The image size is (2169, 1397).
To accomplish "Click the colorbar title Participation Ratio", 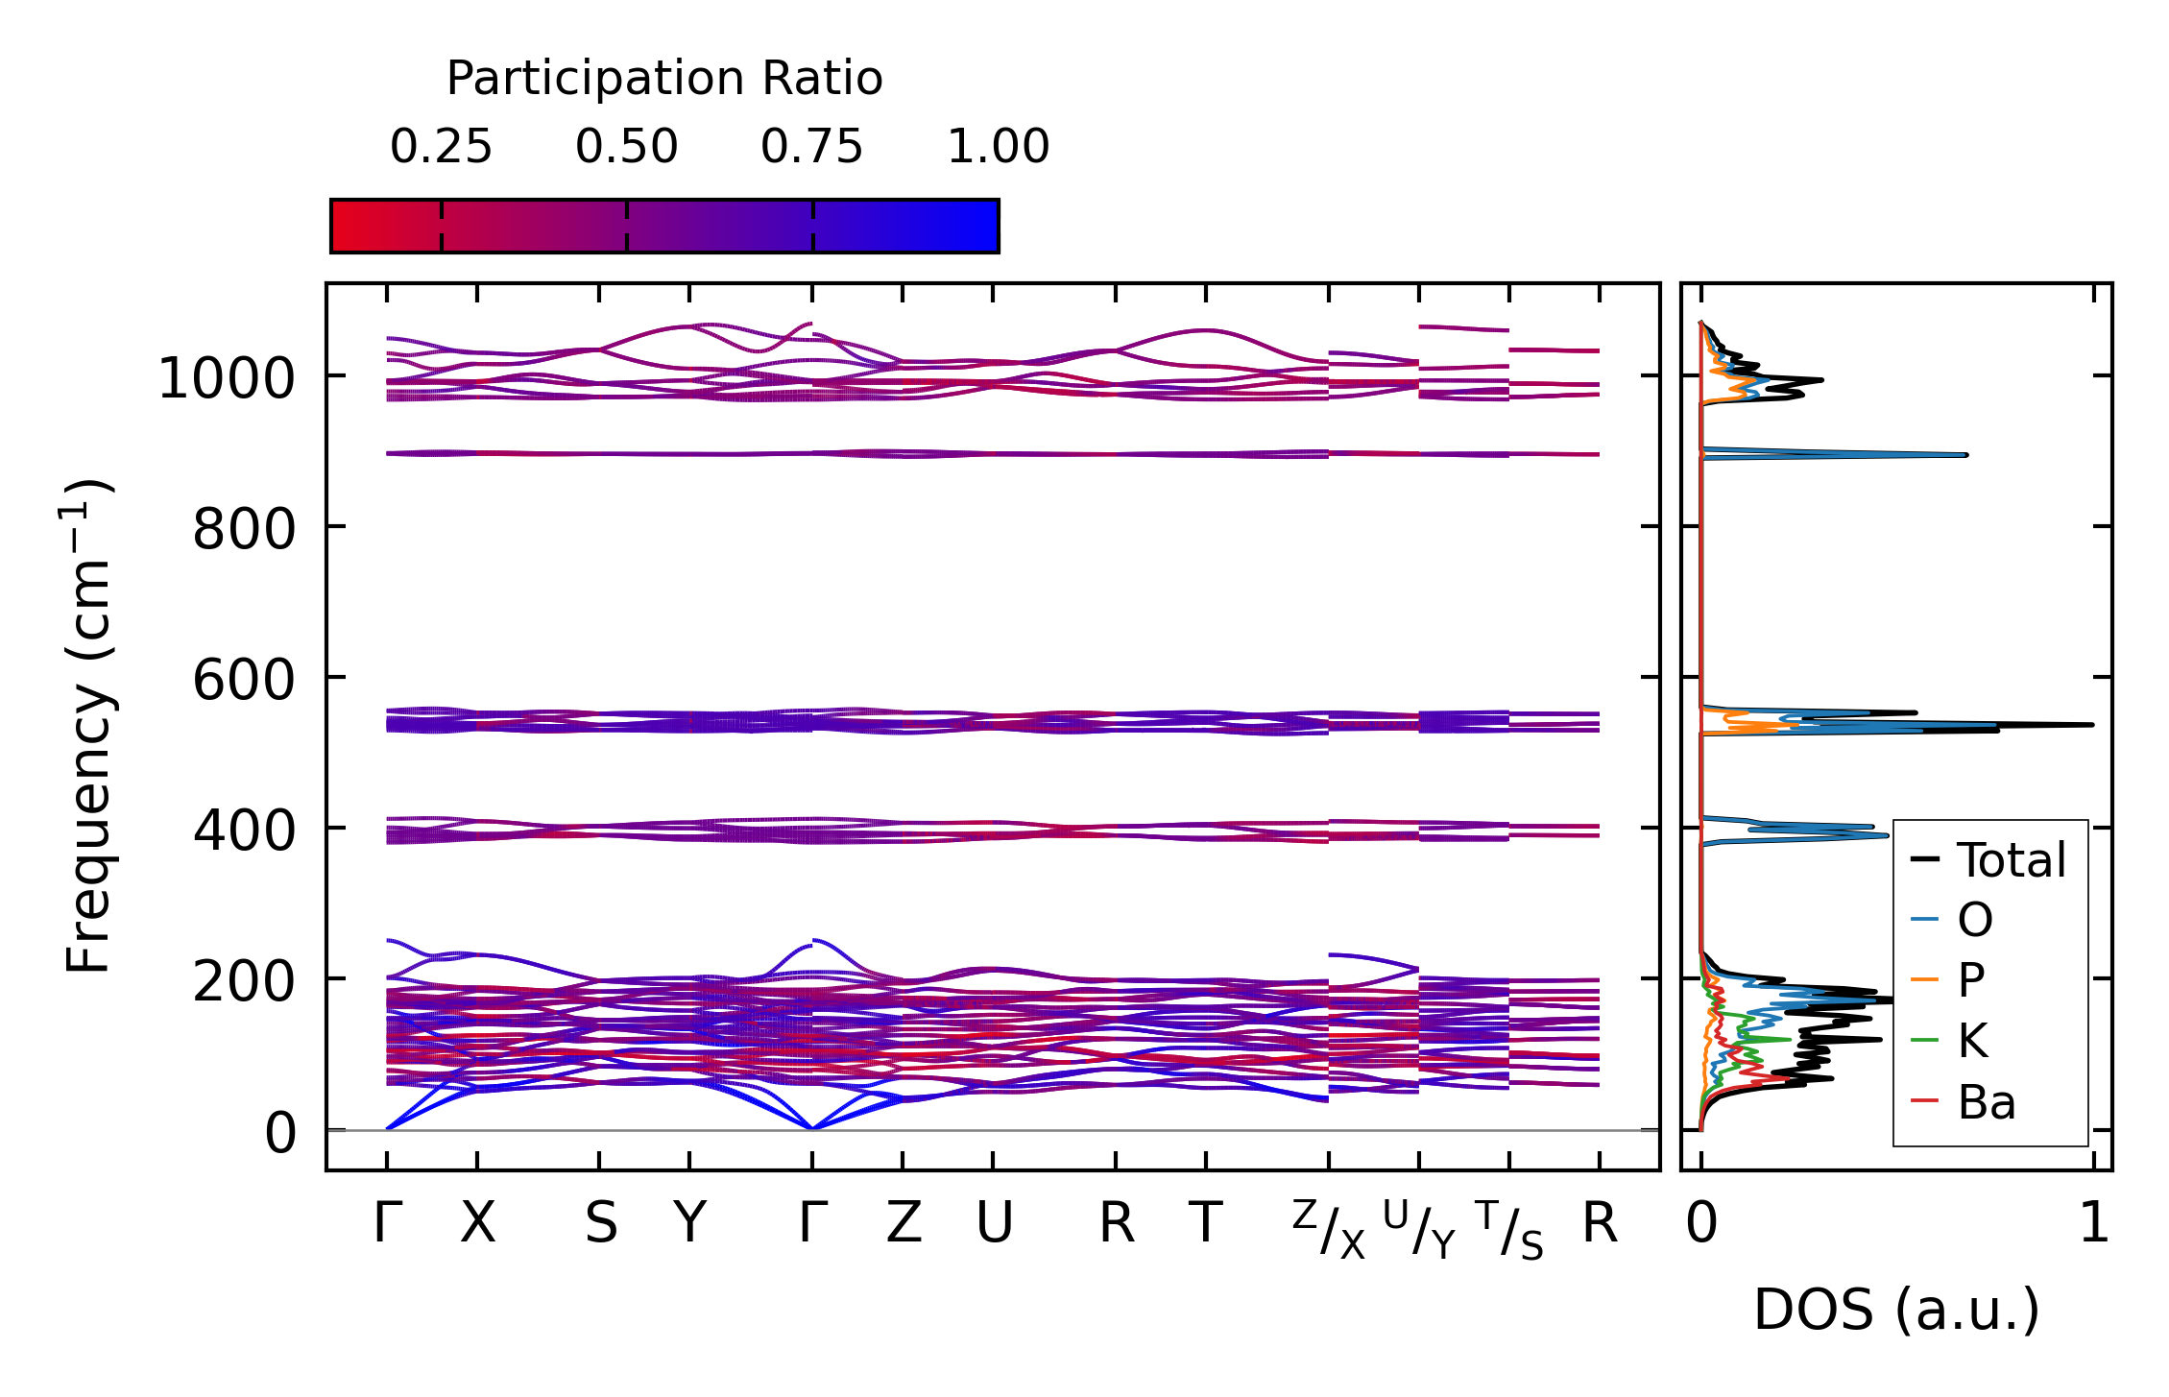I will (x=663, y=79).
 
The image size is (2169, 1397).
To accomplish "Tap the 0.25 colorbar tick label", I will (x=441, y=147).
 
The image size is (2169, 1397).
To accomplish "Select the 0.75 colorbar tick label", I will (x=812, y=147).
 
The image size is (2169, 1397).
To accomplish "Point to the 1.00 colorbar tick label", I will (x=999, y=147).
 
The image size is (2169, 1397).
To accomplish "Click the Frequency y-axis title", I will (x=89, y=727).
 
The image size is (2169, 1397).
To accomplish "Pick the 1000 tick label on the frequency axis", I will (x=226, y=378).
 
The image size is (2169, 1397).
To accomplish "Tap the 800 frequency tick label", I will (x=244, y=529).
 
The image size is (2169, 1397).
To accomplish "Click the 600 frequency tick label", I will (x=244, y=680).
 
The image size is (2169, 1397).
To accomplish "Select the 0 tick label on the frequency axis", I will (x=280, y=1133).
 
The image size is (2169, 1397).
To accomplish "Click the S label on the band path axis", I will (x=601, y=1223).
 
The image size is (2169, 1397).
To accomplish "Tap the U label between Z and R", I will (x=994, y=1223).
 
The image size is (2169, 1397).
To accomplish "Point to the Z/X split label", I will (x=1329, y=1228).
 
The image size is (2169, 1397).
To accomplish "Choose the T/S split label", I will (x=1509, y=1228).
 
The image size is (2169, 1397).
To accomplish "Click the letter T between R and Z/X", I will (x=1206, y=1223).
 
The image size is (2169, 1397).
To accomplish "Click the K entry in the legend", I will (x=1972, y=1041).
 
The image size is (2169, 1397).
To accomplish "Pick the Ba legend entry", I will (x=1986, y=1102).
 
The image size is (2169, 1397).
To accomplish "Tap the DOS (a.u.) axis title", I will (x=1896, y=1310).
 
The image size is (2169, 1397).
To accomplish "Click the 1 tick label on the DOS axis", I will (x=2093, y=1223).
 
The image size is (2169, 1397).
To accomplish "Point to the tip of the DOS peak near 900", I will (x=1965, y=454).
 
